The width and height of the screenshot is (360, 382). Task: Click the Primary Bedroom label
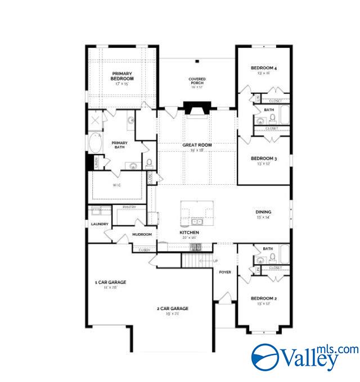(122, 76)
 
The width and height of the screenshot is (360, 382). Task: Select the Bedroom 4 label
(264, 69)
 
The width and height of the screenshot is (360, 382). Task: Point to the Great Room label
(197, 145)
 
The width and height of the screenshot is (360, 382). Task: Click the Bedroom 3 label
(264, 158)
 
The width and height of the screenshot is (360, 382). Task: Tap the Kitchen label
(189, 232)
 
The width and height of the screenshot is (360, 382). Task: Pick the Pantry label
(128, 207)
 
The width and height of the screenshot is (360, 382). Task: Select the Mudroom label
(142, 234)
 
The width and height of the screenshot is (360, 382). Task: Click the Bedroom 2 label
(264, 298)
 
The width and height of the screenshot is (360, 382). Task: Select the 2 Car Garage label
(172, 308)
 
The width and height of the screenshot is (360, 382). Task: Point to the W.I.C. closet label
(116, 184)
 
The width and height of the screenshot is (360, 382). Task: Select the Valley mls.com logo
(304, 356)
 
